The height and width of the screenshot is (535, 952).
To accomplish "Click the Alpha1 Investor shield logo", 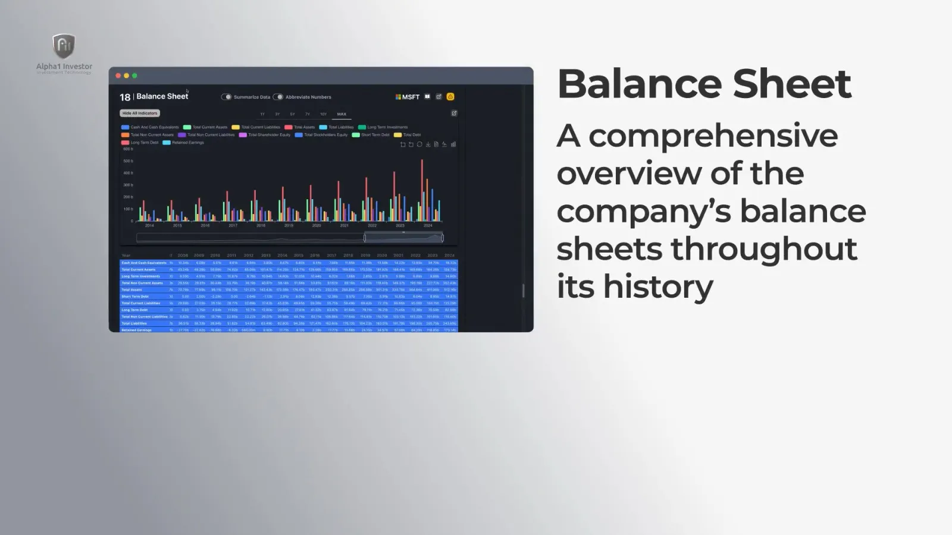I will [x=64, y=46].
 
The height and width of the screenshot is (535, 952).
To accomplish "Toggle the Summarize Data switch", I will [x=226, y=97].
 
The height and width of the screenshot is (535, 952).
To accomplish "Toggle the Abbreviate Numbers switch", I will [x=278, y=97].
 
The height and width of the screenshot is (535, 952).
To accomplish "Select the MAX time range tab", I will [x=342, y=114].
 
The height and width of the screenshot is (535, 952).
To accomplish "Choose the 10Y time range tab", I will [x=323, y=114].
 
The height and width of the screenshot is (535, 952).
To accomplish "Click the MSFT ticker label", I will [x=411, y=97].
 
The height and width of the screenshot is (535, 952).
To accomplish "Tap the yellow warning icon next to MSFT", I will [x=450, y=97].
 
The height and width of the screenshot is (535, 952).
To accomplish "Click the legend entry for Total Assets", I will [x=304, y=127].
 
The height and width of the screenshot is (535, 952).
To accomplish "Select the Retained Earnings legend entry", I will [x=187, y=143].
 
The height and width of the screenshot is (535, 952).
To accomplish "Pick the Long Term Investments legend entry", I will [x=387, y=127].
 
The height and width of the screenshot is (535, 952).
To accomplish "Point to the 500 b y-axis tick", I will [x=128, y=161].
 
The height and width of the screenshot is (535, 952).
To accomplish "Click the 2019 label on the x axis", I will [x=289, y=225].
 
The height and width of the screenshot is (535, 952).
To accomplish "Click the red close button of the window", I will [x=118, y=75].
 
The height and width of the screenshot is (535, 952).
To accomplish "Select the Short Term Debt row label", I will [x=135, y=297].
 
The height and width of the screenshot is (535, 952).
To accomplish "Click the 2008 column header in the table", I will [x=183, y=256].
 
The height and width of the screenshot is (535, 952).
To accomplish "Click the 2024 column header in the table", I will [x=449, y=256].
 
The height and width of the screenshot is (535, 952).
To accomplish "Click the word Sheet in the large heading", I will [x=792, y=84].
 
